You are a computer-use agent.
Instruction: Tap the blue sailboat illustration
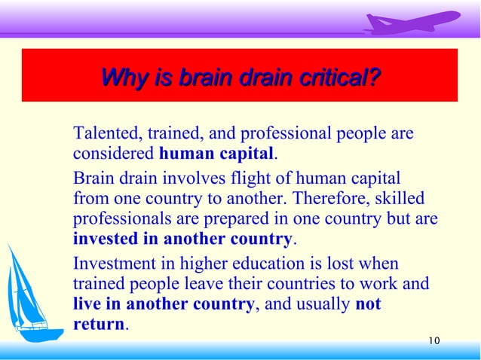coord(29,294)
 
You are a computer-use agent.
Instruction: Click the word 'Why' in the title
coord(121,78)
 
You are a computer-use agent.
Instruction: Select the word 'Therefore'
coord(328,200)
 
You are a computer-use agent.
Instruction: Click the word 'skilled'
coord(399,200)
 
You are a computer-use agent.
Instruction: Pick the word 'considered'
coord(113,155)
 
